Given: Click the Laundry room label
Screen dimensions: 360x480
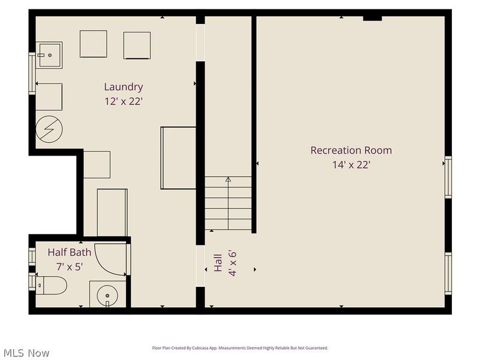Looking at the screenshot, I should tap(123, 87).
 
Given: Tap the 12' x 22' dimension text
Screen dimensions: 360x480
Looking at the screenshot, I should tap(123, 101).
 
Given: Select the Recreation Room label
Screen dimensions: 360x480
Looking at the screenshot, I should tap(350, 150).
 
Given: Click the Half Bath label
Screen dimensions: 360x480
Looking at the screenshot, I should tap(70, 252).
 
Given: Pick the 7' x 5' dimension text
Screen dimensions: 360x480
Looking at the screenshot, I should tap(70, 265).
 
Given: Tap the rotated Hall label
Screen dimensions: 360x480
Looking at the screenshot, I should tap(218, 262).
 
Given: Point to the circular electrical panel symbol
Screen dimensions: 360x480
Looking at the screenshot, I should tap(49, 129).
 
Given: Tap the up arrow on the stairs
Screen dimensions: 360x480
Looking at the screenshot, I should tap(228, 179).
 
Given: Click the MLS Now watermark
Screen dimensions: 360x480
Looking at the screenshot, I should tap(26, 353).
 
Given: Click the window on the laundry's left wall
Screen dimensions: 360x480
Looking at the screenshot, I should tap(32, 73).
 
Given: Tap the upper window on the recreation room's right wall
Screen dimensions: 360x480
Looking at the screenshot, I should tap(448, 177).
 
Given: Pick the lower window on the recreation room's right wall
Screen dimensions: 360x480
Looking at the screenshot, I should tap(448, 273).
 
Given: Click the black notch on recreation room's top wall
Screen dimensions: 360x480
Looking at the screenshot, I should tap(373, 18).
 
